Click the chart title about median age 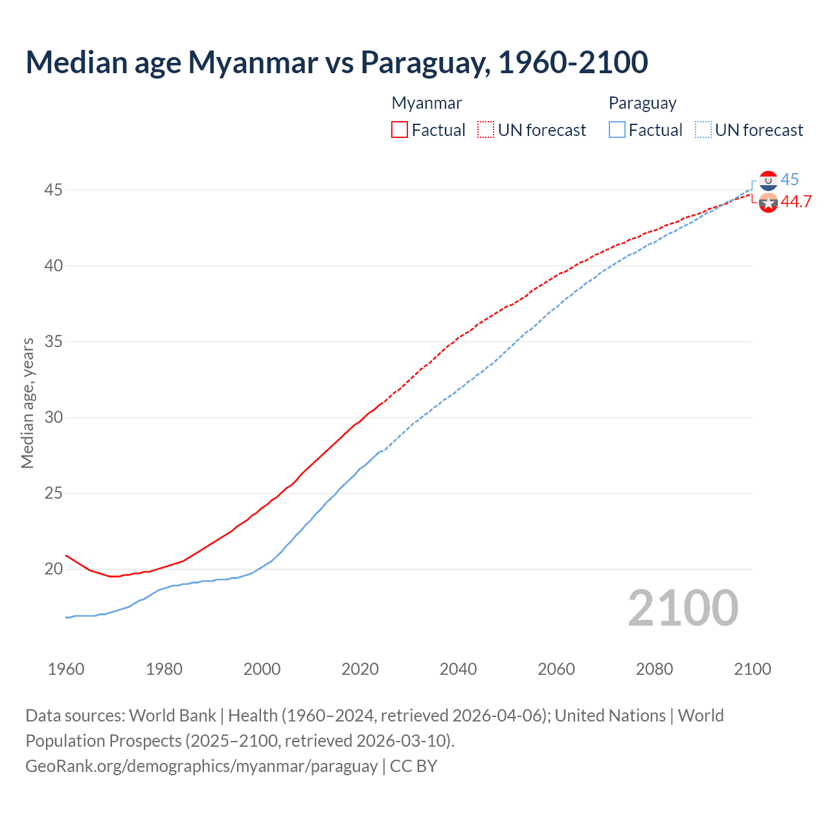click(x=336, y=62)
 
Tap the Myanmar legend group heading click(x=426, y=103)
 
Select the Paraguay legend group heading click(x=642, y=103)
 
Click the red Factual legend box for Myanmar click(x=400, y=130)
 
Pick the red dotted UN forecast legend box click(x=486, y=130)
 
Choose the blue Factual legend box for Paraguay click(x=617, y=130)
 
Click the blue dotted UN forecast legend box click(x=703, y=130)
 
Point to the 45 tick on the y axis click(x=53, y=190)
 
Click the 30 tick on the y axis click(x=53, y=417)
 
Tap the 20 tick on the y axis click(x=53, y=569)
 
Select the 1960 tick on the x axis click(x=66, y=669)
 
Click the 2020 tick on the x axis click(x=360, y=669)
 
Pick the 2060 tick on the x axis click(x=556, y=669)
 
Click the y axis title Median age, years click(x=27, y=403)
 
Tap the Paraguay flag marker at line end click(x=768, y=181)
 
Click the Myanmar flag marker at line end click(x=768, y=203)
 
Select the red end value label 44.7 click(x=796, y=202)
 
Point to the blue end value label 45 click(x=789, y=179)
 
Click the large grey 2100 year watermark click(x=683, y=608)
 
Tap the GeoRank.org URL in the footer click(x=201, y=766)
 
